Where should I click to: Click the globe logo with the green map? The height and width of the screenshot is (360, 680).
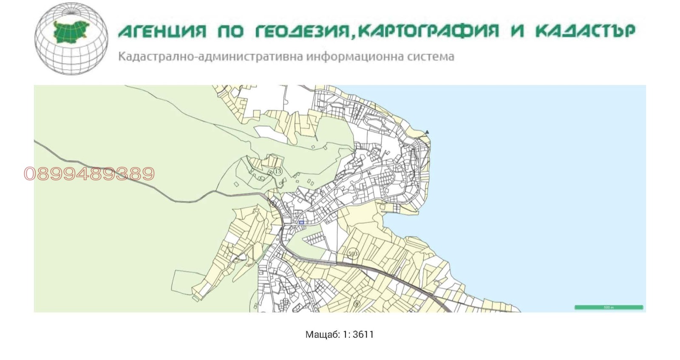click(x=71, y=39)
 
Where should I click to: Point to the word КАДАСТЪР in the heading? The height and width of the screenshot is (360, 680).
click(x=585, y=31)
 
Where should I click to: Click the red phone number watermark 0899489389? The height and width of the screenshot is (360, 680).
click(x=89, y=173)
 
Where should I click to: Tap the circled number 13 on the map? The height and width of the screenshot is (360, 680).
click(x=278, y=171)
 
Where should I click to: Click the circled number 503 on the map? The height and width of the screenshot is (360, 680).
click(x=353, y=254)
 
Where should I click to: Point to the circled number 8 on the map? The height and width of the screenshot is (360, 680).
click(x=357, y=304)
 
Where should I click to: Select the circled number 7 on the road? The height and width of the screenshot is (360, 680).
click(x=273, y=204)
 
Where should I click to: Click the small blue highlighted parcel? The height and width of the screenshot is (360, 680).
click(x=302, y=222)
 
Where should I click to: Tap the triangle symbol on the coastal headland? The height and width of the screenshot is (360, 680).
click(x=427, y=132)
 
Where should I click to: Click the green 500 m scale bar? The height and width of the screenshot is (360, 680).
click(x=609, y=307)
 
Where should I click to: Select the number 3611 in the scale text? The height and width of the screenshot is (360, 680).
click(x=363, y=334)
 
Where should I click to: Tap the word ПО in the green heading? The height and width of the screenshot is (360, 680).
click(x=230, y=31)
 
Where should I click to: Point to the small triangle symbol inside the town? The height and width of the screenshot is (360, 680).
click(x=369, y=173)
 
